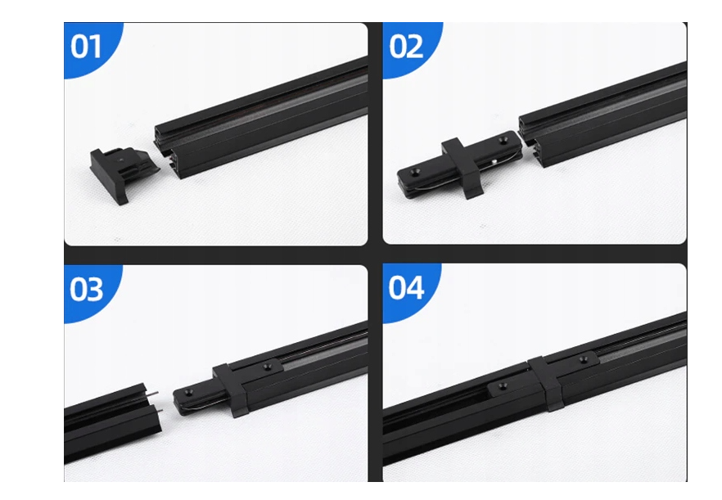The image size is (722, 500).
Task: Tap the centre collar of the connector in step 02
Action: tap(462, 168)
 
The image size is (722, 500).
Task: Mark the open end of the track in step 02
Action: tap(530, 141)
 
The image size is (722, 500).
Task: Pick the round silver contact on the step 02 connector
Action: tap(493, 161)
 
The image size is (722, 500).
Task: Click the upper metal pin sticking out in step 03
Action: tap(152, 394)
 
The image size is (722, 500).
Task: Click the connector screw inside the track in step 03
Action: tap(267, 367)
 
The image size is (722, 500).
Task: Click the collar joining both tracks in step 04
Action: tap(544, 383)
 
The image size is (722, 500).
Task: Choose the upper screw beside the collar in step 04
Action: tap(583, 359)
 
